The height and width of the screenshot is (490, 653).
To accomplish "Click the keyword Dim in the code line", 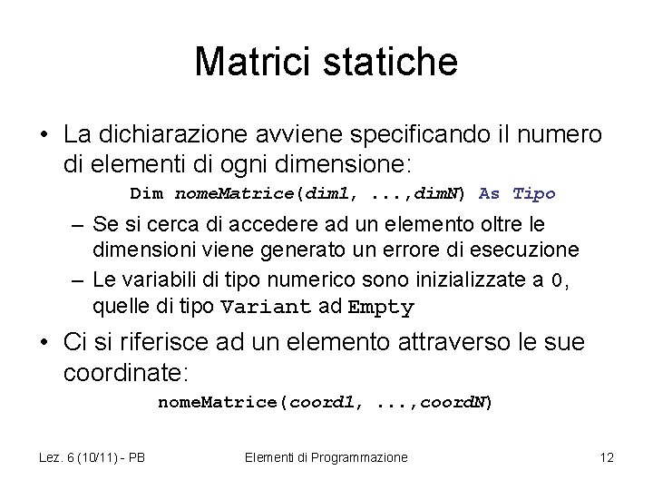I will pos(146,193).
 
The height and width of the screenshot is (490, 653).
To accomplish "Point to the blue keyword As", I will pos(489,193).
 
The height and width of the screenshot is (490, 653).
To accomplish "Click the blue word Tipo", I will pos(533,193).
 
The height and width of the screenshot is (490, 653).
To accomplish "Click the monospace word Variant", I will pos(268,307).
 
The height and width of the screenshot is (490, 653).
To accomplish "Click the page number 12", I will pos(607,458).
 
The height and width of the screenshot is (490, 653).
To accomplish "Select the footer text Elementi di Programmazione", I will pos(326,458).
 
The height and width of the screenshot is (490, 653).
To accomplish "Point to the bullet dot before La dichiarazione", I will pos(44,136).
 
